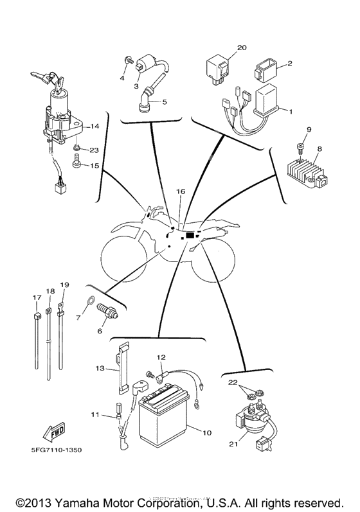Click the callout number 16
click(181, 192)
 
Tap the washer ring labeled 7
click(91, 299)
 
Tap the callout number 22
click(233, 382)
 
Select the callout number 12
click(161, 357)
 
